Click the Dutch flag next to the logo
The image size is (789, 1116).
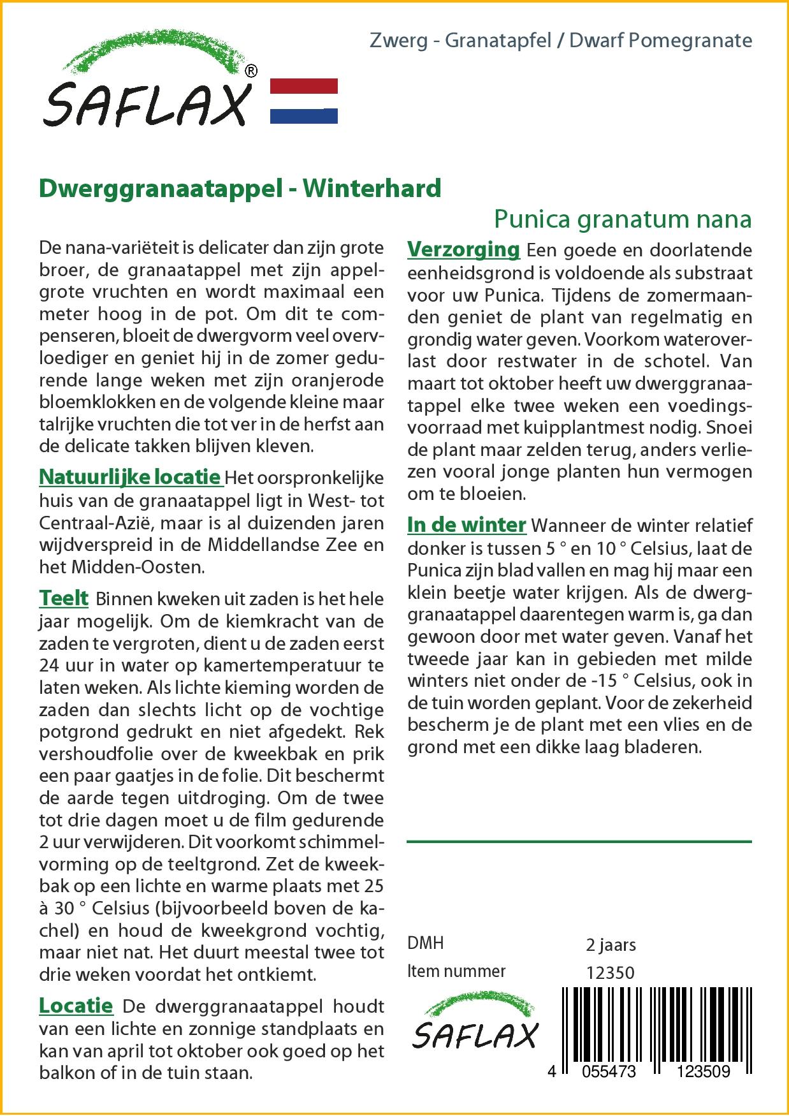(304, 101)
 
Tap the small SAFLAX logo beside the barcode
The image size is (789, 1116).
(475, 1025)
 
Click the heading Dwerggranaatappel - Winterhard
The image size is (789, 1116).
(240, 188)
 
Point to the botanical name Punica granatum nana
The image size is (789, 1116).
(623, 219)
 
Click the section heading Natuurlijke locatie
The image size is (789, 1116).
(130, 477)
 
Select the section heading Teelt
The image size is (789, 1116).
(64, 598)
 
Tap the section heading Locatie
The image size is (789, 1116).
(76, 1006)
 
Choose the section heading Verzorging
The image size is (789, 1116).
(463, 249)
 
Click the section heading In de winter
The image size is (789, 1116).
(467, 525)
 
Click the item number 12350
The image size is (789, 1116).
(610, 973)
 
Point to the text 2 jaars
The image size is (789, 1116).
(611, 944)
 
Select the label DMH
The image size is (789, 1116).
(425, 943)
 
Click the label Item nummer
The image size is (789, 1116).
(456, 971)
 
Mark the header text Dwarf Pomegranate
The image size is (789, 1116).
(660, 41)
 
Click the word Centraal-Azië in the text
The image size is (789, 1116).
(94, 522)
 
